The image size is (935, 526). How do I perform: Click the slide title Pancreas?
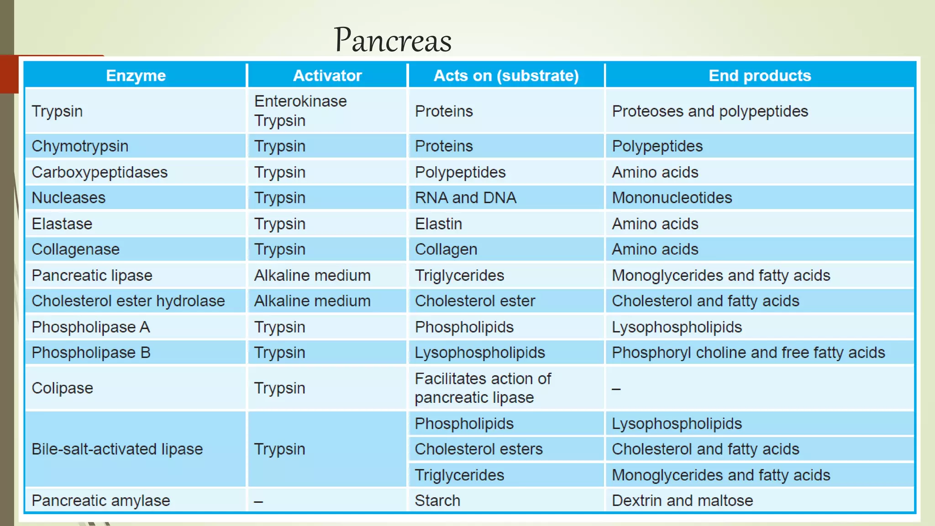pos(393,40)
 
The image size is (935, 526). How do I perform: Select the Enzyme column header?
pos(136,75)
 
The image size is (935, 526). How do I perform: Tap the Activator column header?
pos(327,75)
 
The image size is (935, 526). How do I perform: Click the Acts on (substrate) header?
pos(506,75)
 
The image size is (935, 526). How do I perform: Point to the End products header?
pos(760,75)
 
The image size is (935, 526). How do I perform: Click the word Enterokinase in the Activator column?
pos(300,101)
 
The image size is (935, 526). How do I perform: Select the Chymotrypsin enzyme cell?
pos(80,146)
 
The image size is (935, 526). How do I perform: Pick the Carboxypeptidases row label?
pos(100,172)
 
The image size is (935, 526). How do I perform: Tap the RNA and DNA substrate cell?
pos(465,198)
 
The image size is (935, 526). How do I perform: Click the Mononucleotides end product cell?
pos(672,198)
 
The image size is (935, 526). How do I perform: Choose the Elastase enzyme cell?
pos(62,224)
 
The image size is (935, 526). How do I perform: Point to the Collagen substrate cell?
pos(446,249)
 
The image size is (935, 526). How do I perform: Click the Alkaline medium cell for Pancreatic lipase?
pos(312,275)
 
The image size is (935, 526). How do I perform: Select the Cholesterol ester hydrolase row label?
pos(128,301)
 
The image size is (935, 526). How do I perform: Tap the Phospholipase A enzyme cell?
pos(91,327)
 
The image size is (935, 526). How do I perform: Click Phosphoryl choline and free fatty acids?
pos(748,352)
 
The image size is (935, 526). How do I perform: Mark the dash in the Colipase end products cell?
pos(616,389)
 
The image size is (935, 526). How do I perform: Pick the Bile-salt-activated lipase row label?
pos(117,449)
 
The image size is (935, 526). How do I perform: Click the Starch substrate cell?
pos(437,500)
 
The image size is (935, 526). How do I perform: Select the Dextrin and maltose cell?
pos(682,500)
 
